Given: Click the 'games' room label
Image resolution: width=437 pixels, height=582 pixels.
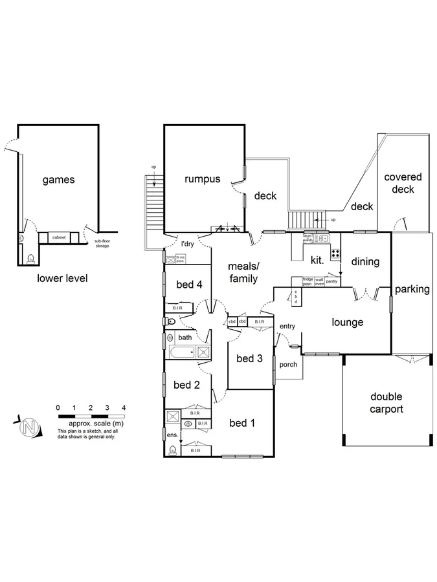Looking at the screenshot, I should [59, 180].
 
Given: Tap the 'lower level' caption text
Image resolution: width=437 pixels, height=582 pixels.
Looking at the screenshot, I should [62, 278].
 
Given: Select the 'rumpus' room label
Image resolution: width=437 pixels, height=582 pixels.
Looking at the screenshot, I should [202, 179].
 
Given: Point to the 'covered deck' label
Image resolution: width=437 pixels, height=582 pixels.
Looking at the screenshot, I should [403, 183].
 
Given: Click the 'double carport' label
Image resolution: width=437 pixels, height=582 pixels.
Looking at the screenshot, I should [387, 402].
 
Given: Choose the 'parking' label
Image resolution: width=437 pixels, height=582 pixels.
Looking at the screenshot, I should [412, 289].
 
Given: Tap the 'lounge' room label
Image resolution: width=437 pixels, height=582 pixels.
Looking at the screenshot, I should [348, 322].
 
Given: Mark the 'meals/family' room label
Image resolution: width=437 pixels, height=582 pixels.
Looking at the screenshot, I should [243, 272].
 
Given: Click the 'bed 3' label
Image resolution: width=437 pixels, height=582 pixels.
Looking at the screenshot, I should [249, 358].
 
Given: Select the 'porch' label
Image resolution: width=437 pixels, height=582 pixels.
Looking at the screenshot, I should [288, 364].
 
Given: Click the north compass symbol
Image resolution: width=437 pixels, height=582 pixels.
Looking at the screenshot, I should [29, 427].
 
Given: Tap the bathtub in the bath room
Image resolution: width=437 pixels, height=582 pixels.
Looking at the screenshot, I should [182, 352].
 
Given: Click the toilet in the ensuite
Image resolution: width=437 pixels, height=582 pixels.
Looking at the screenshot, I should [172, 451].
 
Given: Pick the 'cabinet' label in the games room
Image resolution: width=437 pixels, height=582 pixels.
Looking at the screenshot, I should [59, 238].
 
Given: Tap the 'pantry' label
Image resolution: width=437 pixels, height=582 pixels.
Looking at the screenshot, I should [331, 281].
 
